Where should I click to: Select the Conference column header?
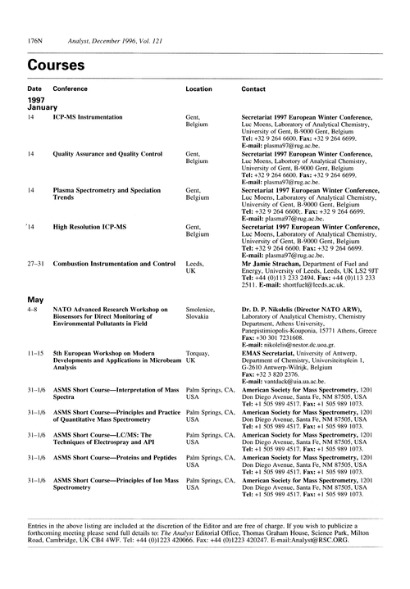pyautogui.click(x=72, y=88)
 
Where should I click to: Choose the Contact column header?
pyautogui.click(x=253, y=88)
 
